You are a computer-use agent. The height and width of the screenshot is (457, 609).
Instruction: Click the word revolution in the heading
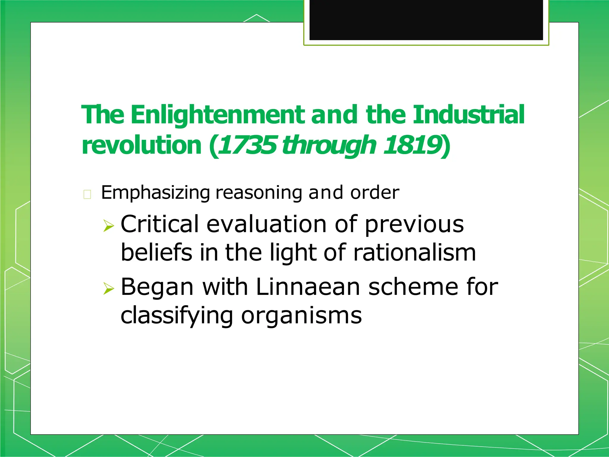coord(142,145)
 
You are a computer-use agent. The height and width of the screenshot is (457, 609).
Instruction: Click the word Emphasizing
coord(156,193)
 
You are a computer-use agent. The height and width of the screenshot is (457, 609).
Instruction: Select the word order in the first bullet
coord(375,192)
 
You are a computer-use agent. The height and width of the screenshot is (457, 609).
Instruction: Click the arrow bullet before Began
coord(109,288)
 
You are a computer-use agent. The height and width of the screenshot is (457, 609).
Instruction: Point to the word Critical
coord(159,224)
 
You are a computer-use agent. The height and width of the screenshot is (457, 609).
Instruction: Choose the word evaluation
coord(266,224)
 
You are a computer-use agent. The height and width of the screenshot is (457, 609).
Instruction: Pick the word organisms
coord(301,315)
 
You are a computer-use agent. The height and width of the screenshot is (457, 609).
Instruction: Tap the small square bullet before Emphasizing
coord(87,194)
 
